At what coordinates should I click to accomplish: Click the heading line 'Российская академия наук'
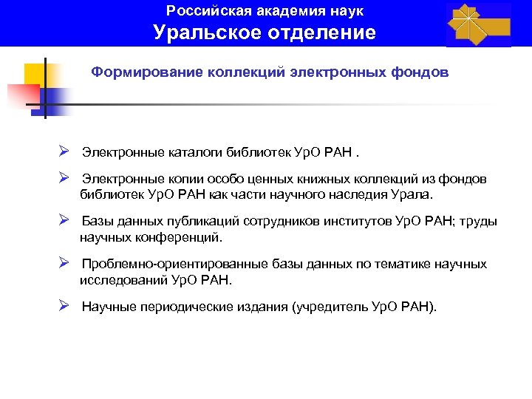(x=265, y=11)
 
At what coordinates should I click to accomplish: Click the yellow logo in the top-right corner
(x=479, y=24)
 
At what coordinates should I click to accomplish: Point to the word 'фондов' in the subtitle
(x=420, y=73)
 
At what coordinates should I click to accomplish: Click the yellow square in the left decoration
(x=33, y=74)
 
